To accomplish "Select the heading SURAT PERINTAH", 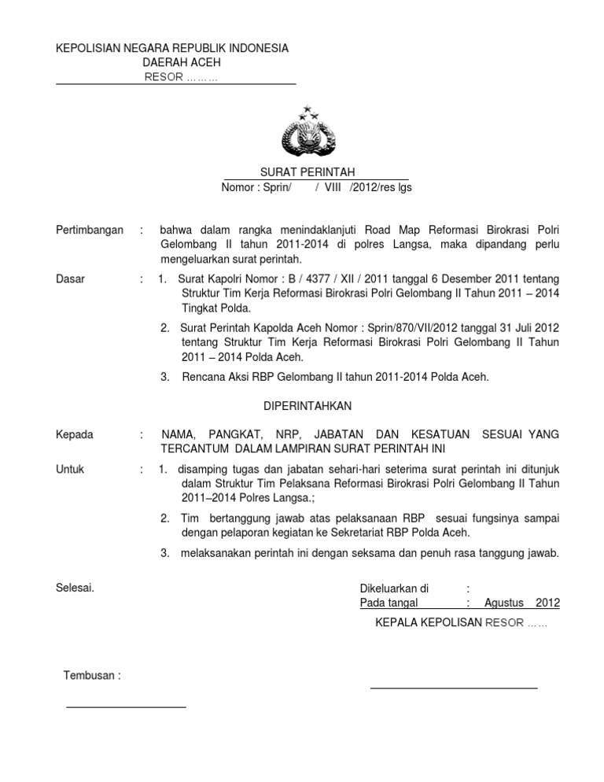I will (308, 172).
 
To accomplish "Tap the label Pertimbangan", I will (90, 230).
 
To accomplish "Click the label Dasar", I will (72, 278).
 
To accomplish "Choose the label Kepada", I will (75, 434).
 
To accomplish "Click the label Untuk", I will (71, 470).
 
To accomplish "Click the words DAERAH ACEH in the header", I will (182, 62).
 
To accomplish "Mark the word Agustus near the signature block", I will (504, 603).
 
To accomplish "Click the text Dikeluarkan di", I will (393, 588).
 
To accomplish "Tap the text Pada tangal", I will (389, 603).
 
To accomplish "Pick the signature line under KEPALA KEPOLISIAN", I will (454, 688).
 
